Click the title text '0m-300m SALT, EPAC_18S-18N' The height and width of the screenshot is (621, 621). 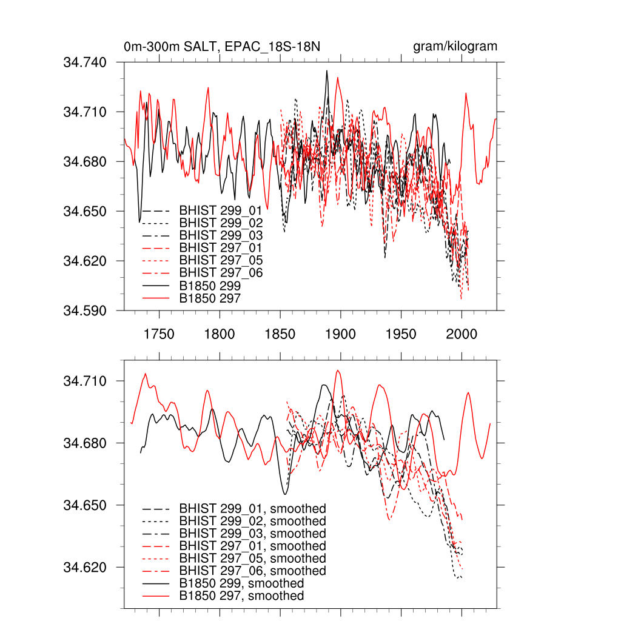pyautogui.click(x=200, y=46)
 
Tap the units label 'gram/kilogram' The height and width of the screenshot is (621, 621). pyautogui.click(x=455, y=46)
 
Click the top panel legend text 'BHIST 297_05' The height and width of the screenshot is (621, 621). pyautogui.click(x=221, y=261)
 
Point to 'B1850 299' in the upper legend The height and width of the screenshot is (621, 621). pyautogui.click(x=210, y=286)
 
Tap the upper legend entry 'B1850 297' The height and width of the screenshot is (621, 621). pyautogui.click(x=210, y=298)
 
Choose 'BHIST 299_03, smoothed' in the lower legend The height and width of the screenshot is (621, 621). pyautogui.click(x=252, y=534)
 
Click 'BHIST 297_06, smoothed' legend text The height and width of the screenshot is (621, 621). pyautogui.click(x=252, y=571)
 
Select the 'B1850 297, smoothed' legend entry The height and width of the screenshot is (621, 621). pyautogui.click(x=241, y=596)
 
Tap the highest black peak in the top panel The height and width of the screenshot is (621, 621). pyautogui.click(x=327, y=71)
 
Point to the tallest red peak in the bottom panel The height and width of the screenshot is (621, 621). pyautogui.click(x=338, y=371)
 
